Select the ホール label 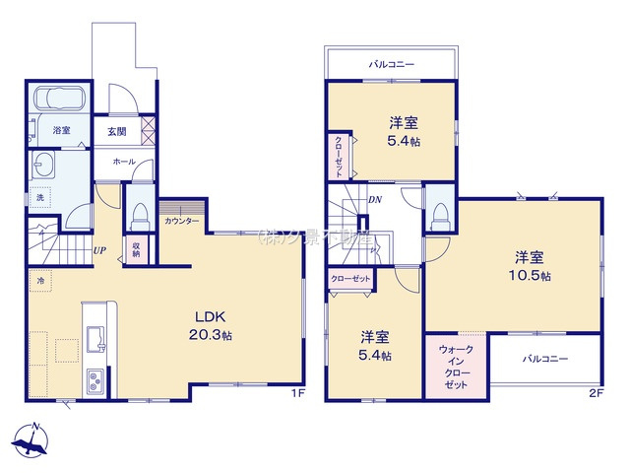(124, 161)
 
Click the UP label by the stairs (99, 250)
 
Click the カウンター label (182, 220)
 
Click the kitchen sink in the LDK (96, 341)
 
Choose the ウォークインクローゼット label (454, 366)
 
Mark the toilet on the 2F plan (440, 212)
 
